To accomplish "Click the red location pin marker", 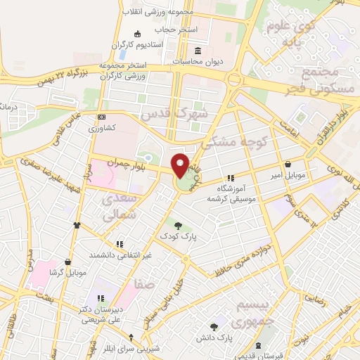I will click(x=181, y=165).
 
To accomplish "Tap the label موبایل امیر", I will click(x=288, y=174).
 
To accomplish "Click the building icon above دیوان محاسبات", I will click(x=198, y=51).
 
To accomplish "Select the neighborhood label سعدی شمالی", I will click(x=118, y=209).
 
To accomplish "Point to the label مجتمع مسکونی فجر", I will click(x=323, y=82).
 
